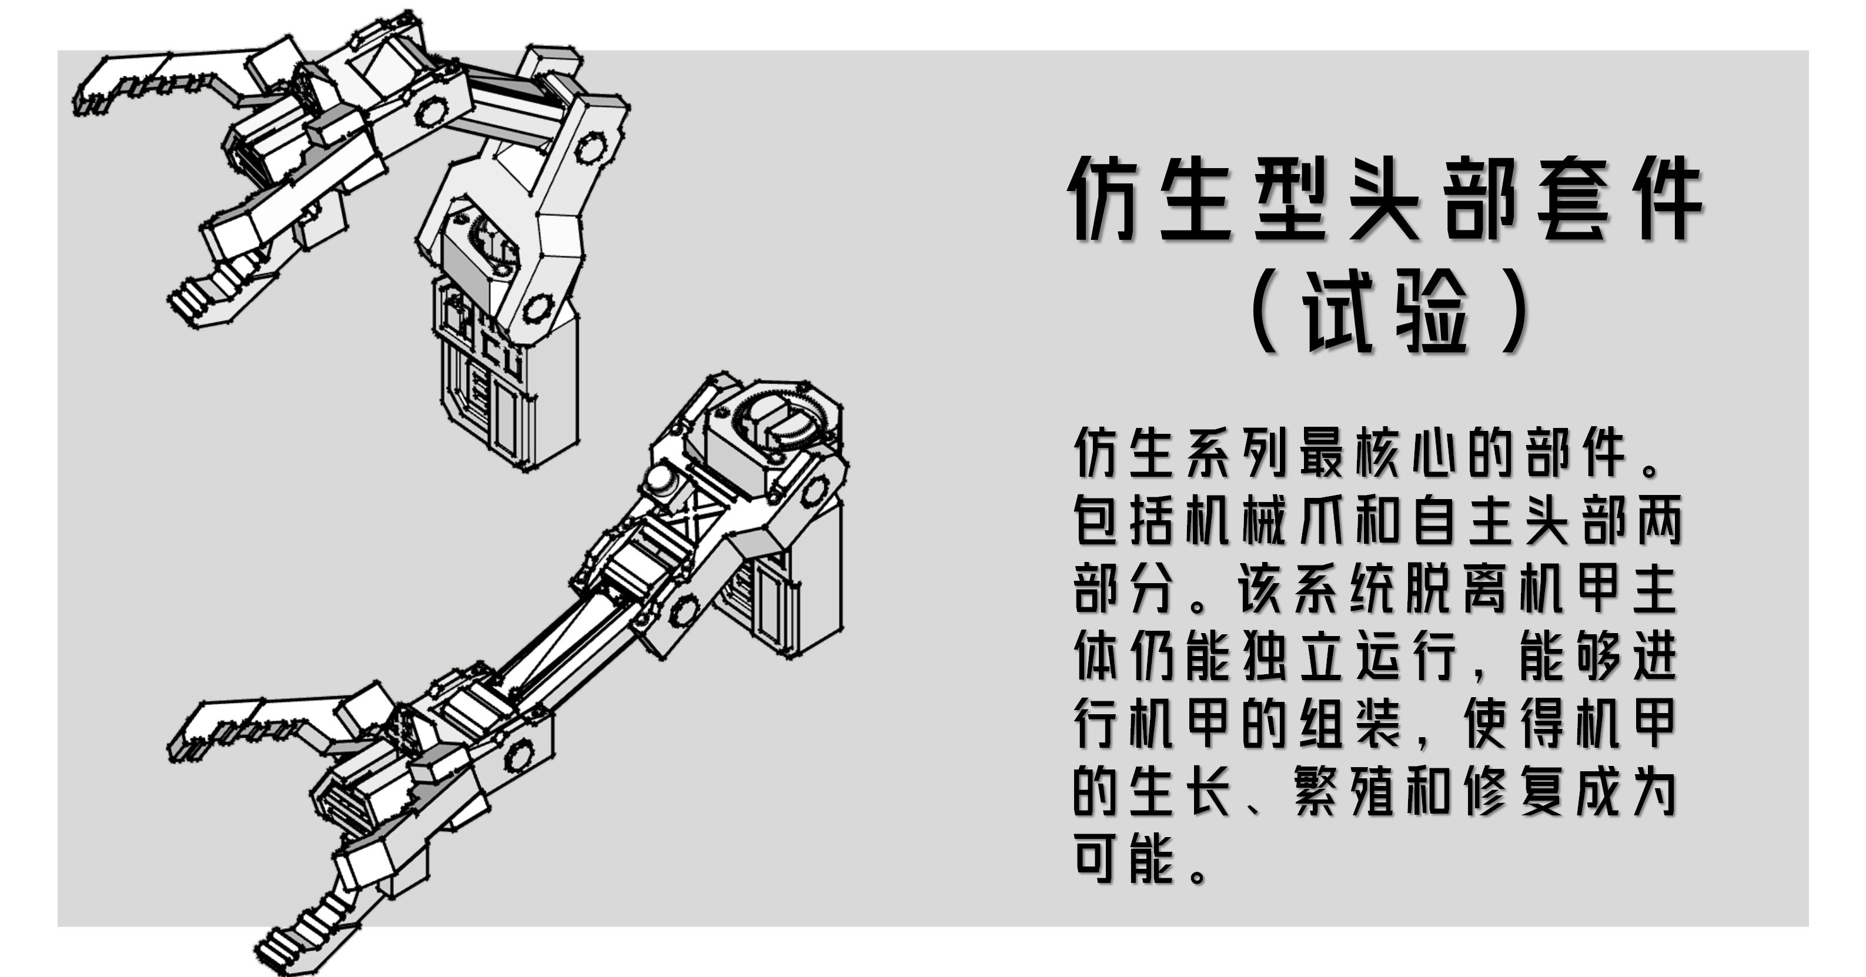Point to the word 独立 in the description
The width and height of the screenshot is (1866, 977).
pos(1293,656)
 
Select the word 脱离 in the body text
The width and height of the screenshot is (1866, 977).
pos(1456,589)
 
